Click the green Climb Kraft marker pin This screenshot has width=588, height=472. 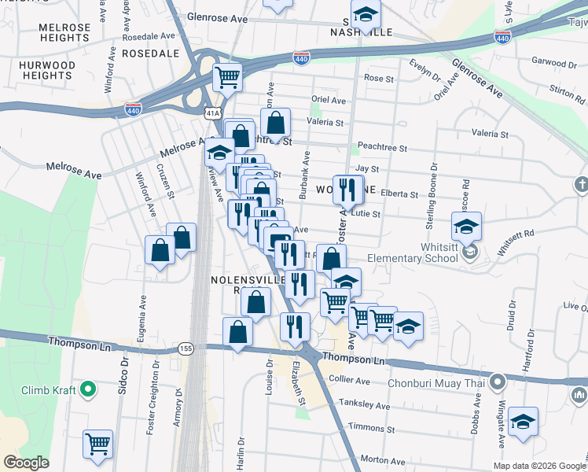point(89,389)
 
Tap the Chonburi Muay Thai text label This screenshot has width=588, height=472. point(438,384)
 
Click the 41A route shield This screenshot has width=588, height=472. point(213,114)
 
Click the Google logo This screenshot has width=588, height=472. point(26,462)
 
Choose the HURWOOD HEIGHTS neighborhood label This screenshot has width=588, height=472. point(48,70)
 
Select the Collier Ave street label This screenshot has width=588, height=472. point(350,381)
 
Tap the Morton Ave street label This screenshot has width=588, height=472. point(382,460)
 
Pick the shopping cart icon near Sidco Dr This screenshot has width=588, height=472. point(97,444)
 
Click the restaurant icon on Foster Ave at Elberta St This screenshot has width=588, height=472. point(347,189)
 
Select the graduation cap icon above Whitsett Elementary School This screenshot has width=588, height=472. point(466,227)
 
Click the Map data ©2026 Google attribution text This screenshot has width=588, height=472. point(539,466)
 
